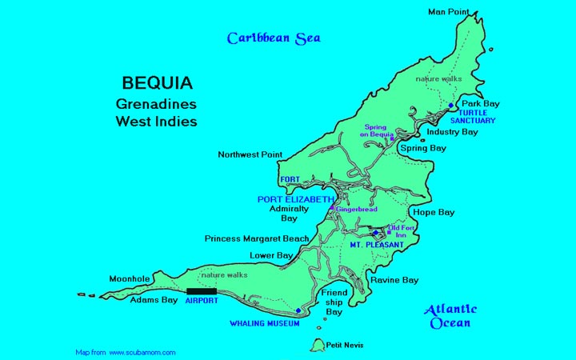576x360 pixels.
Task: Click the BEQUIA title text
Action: [x=157, y=83]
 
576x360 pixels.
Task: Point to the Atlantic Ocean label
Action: [x=450, y=316]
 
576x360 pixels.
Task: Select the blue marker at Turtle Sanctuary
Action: [x=451, y=106]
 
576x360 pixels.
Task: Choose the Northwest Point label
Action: [x=249, y=154]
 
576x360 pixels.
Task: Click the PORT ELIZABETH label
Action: [x=295, y=198]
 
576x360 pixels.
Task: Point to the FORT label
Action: [x=289, y=179]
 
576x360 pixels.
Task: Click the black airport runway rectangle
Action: [x=202, y=291]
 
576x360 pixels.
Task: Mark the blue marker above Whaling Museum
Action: [x=298, y=310]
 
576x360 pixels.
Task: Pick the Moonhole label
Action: [x=129, y=279]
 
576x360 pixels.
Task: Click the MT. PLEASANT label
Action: [x=374, y=244]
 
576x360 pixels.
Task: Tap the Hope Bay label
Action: [x=433, y=213]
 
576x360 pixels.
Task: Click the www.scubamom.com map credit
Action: [x=125, y=352]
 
